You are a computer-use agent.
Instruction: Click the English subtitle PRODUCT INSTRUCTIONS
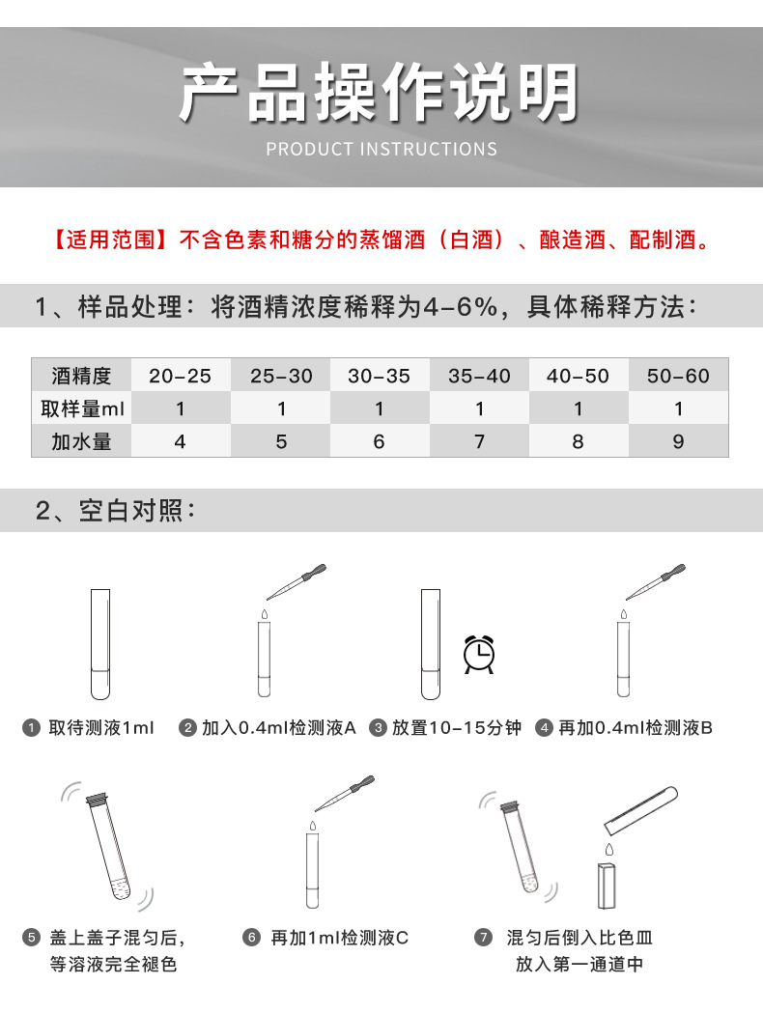click(381, 149)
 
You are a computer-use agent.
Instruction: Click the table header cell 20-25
click(181, 376)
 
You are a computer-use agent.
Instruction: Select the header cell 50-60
click(679, 376)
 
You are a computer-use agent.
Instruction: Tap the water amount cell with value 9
click(679, 441)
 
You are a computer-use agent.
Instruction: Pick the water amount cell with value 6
click(379, 441)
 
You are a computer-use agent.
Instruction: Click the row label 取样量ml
click(82, 408)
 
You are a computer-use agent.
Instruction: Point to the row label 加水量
click(82, 441)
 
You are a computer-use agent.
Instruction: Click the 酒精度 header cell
click(82, 376)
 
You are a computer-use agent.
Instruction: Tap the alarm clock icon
click(479, 655)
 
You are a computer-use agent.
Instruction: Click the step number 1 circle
click(32, 727)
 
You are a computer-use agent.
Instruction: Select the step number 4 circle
click(544, 727)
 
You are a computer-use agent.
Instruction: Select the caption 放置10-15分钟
click(456, 727)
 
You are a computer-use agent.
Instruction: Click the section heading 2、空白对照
click(115, 510)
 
